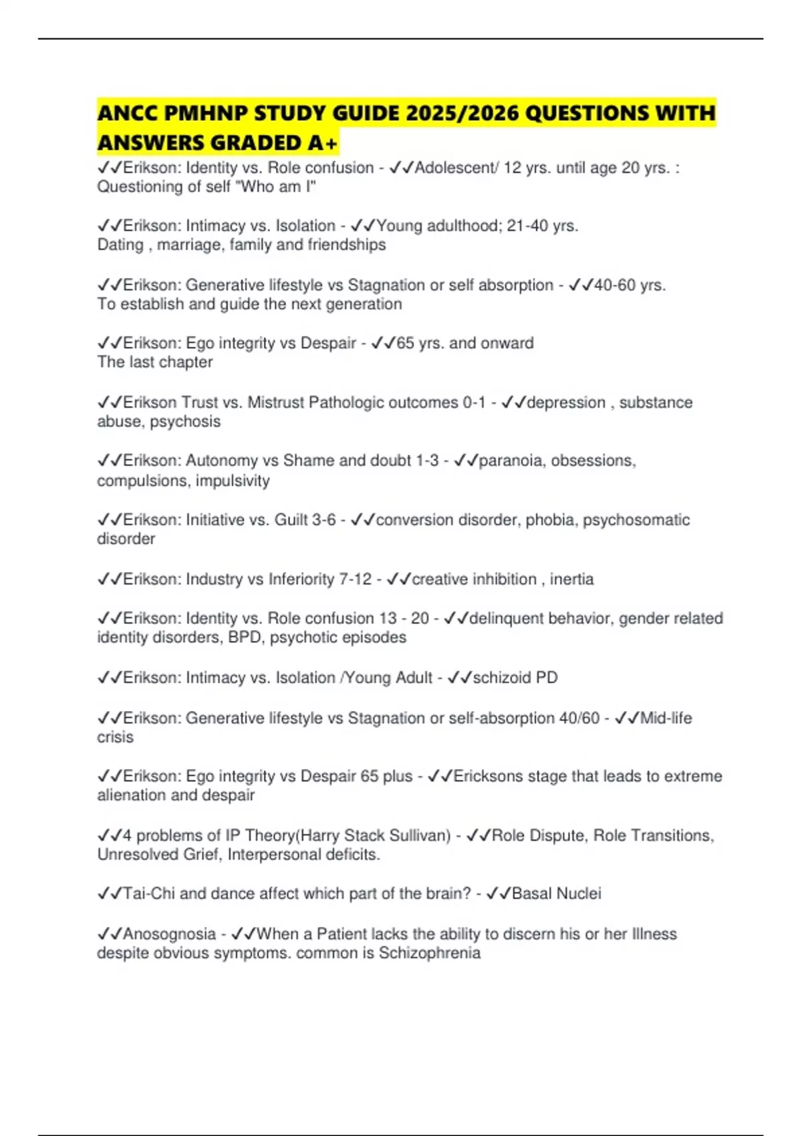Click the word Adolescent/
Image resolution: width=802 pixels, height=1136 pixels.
[456, 168]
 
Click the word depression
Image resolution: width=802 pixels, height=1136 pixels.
[566, 403]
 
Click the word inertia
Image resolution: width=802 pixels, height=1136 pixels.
[571, 579]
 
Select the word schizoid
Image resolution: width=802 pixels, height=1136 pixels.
[502, 678]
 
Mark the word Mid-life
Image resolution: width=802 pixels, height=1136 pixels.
[666, 718]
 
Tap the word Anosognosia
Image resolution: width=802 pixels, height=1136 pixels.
[169, 934]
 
